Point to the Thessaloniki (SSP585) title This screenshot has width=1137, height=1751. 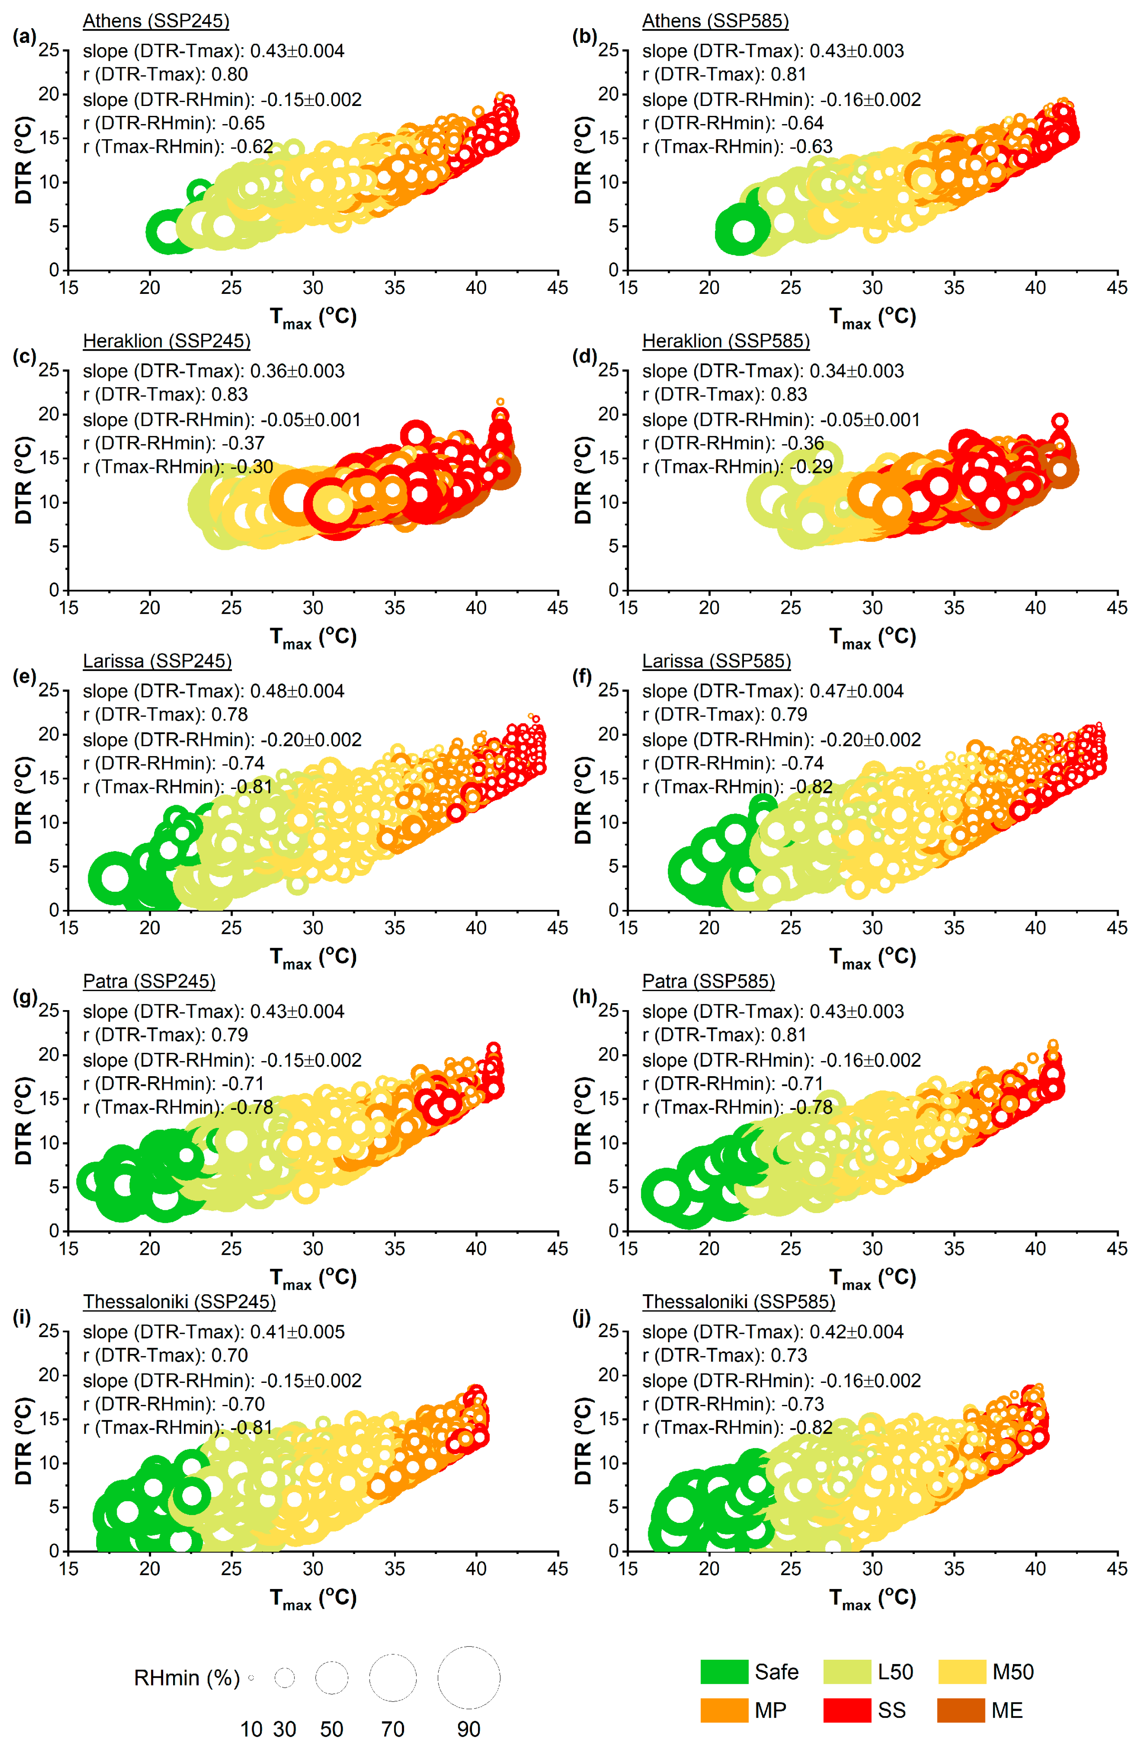tap(739, 1302)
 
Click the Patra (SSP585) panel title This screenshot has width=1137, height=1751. tap(708, 981)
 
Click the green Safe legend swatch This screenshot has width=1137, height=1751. tap(724, 1672)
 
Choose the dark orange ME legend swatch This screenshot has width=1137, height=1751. tap(960, 1710)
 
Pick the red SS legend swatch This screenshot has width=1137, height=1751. tap(846, 1710)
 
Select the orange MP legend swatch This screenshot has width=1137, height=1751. tap(724, 1710)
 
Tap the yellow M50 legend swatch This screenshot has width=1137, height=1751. tap(960, 1672)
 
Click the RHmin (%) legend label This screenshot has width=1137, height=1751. tap(187, 1678)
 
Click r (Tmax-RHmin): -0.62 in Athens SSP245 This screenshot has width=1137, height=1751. tap(178, 147)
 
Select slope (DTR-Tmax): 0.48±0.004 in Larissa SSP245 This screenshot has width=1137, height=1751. tap(213, 691)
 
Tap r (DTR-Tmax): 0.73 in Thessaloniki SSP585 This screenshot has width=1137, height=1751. tap(724, 1355)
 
